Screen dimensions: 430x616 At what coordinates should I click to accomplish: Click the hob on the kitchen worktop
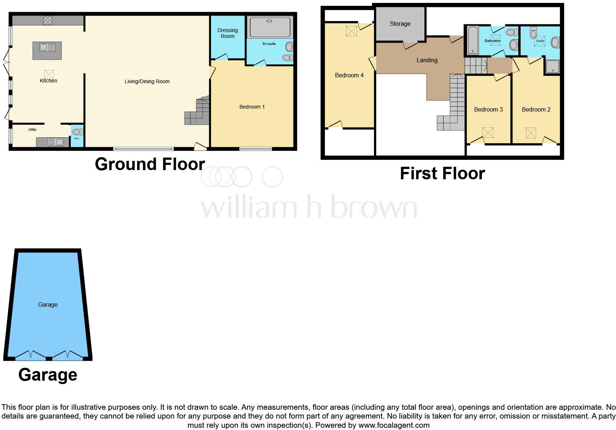(48, 20)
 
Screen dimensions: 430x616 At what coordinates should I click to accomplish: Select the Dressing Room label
(227, 33)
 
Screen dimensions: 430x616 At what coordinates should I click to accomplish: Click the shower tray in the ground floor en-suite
(270, 27)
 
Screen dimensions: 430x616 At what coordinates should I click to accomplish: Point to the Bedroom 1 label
(252, 107)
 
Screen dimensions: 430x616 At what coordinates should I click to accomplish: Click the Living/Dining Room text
(147, 81)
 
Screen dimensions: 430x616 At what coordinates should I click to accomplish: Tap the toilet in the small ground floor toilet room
(77, 132)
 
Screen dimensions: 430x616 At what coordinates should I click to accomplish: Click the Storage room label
(400, 24)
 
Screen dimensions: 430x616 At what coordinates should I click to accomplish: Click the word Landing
(427, 60)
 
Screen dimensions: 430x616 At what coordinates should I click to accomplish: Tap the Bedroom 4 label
(349, 75)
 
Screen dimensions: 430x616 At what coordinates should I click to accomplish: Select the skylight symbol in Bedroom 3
(488, 132)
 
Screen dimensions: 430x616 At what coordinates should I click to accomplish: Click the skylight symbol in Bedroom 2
(531, 133)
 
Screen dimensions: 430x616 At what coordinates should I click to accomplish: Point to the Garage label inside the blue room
(48, 304)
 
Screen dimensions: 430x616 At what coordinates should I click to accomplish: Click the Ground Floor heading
(150, 164)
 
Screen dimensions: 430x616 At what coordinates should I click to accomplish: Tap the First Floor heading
(442, 173)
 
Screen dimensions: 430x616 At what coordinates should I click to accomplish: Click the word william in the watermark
(249, 207)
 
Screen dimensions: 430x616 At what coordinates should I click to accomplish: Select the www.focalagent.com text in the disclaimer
(394, 425)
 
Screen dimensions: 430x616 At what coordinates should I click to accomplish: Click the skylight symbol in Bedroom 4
(351, 31)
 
